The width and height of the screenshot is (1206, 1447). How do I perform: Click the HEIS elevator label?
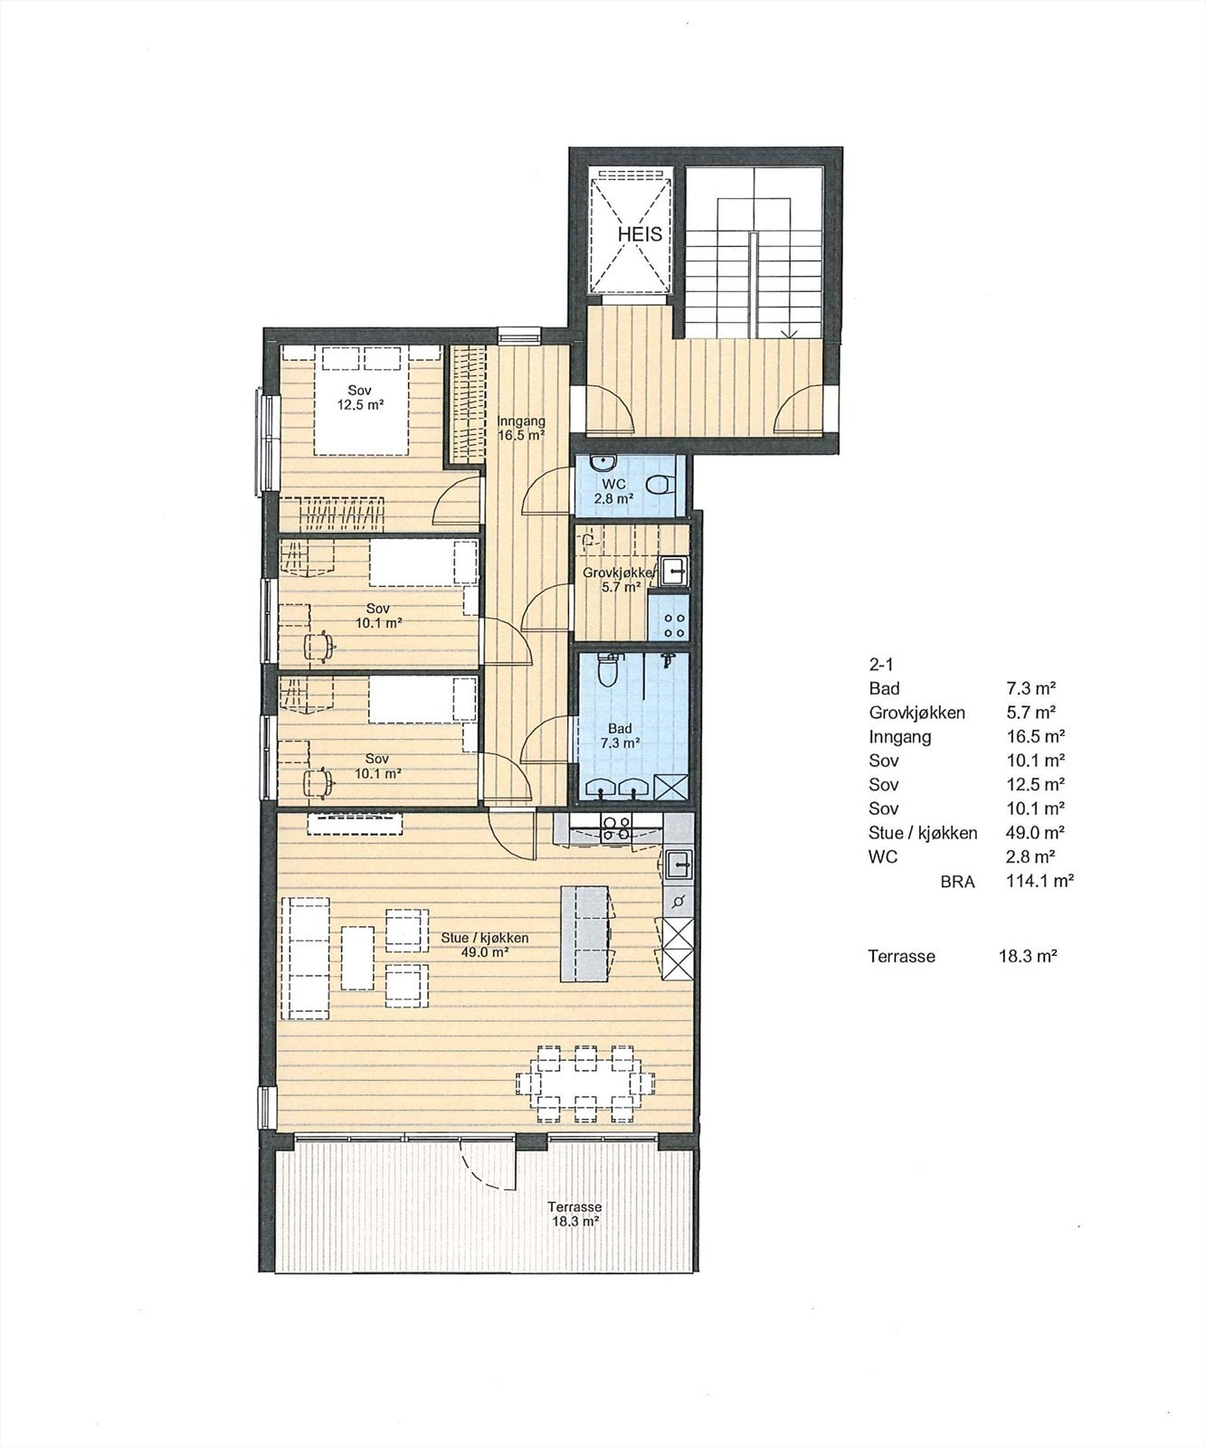[x=640, y=234]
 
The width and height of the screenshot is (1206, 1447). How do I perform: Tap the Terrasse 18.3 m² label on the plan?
[x=575, y=1214]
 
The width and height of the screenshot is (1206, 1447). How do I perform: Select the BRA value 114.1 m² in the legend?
[x=1039, y=880]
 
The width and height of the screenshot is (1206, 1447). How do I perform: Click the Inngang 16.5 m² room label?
[x=521, y=428]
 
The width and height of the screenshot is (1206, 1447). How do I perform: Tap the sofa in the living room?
[x=308, y=958]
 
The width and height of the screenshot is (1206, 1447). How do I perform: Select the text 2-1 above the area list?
[x=880, y=663]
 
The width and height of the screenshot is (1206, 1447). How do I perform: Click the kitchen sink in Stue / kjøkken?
[x=678, y=865]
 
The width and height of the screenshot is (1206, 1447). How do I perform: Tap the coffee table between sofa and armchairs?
[x=357, y=957]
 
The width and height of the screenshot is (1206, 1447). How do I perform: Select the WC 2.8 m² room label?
[x=620, y=489]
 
